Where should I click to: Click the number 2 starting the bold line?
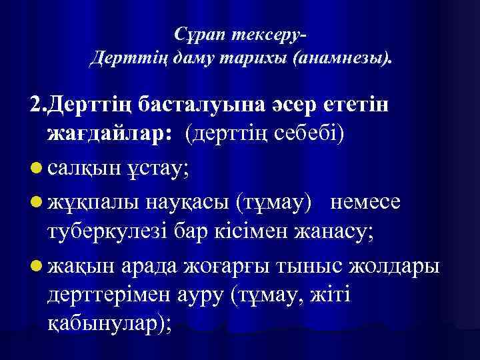[x=36, y=105]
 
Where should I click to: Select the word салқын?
[x=84, y=167]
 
